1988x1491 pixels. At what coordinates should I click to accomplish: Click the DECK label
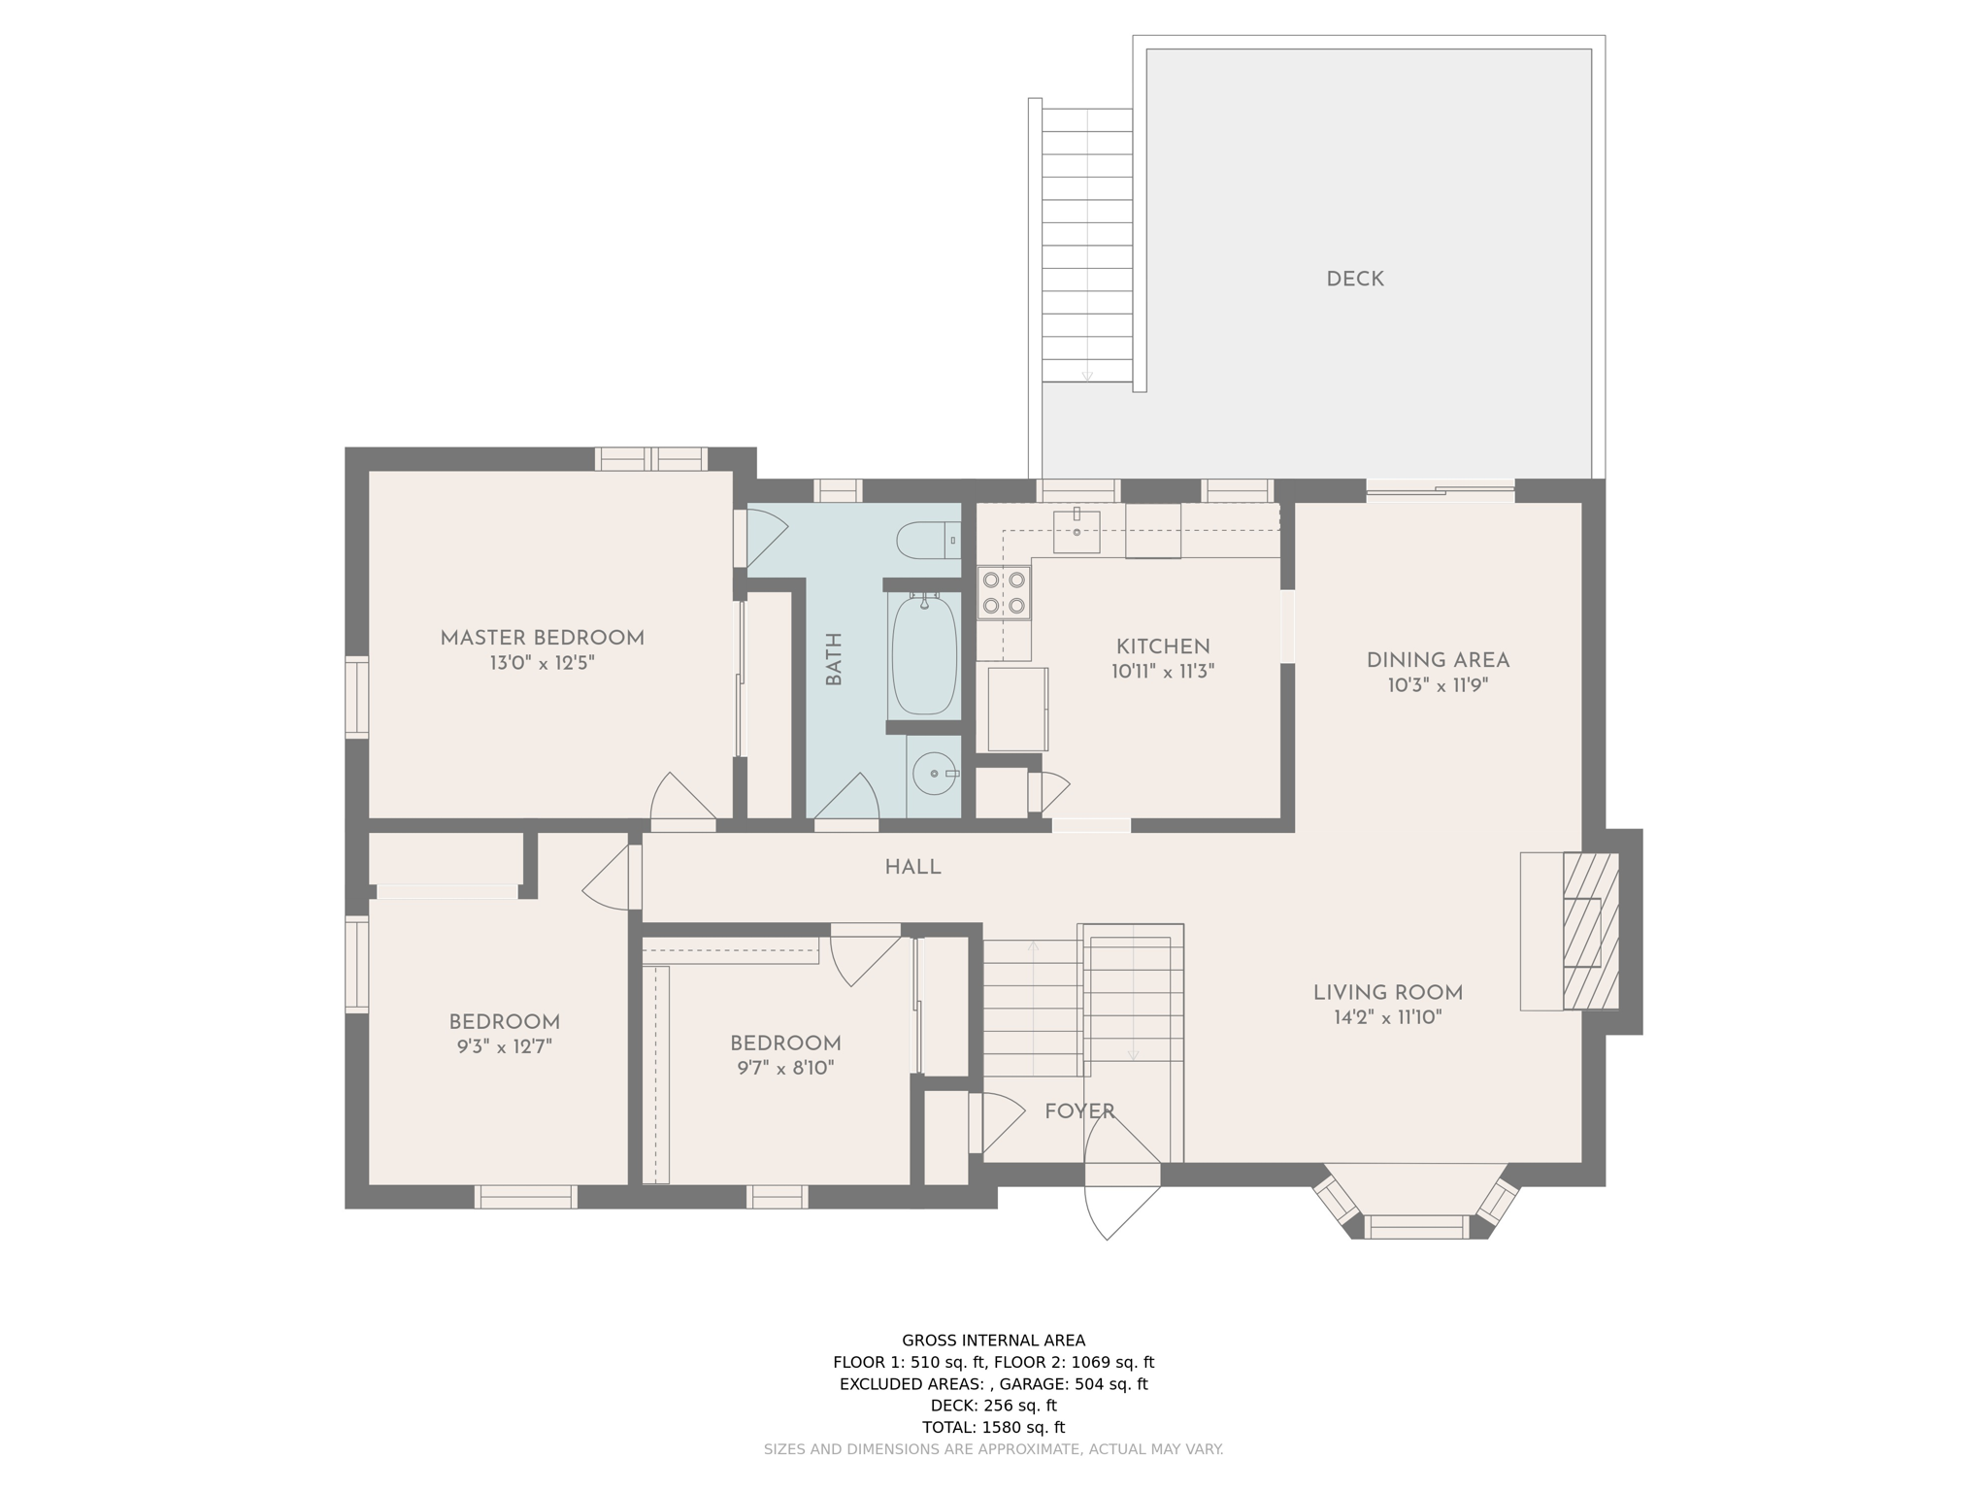point(1354,280)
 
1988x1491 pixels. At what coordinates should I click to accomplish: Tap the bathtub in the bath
point(923,656)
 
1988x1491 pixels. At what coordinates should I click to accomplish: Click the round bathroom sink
point(934,774)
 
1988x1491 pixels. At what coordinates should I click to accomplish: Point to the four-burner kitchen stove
point(1004,592)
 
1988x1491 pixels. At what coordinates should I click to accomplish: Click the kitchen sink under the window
point(1076,531)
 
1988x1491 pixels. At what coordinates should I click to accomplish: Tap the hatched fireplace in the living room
point(1590,932)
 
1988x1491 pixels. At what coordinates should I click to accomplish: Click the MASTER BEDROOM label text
point(542,639)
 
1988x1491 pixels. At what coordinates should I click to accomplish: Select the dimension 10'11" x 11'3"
point(1163,672)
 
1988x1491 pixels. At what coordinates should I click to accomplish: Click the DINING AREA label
point(1438,661)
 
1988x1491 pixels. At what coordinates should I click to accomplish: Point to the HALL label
point(912,868)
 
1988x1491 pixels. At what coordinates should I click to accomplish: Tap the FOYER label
point(1078,1111)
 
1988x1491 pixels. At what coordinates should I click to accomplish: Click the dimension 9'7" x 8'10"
point(785,1069)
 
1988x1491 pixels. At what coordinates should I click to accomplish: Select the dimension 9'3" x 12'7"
point(504,1047)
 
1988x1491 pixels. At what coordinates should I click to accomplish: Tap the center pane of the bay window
point(1416,1227)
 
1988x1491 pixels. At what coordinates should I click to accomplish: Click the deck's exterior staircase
point(1086,245)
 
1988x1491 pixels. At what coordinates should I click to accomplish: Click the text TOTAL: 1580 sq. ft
point(993,1427)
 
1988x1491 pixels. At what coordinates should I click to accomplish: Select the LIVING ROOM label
point(1387,993)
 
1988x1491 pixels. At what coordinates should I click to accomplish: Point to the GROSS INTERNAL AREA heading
point(993,1341)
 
